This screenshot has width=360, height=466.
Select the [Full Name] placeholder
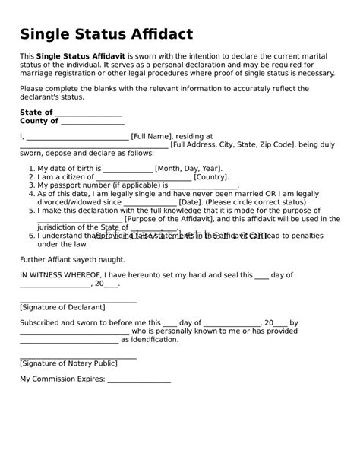(151, 138)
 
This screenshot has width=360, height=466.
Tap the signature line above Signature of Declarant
(78, 300)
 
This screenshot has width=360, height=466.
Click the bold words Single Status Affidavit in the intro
(85, 57)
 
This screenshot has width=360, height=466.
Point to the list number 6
(31, 236)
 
